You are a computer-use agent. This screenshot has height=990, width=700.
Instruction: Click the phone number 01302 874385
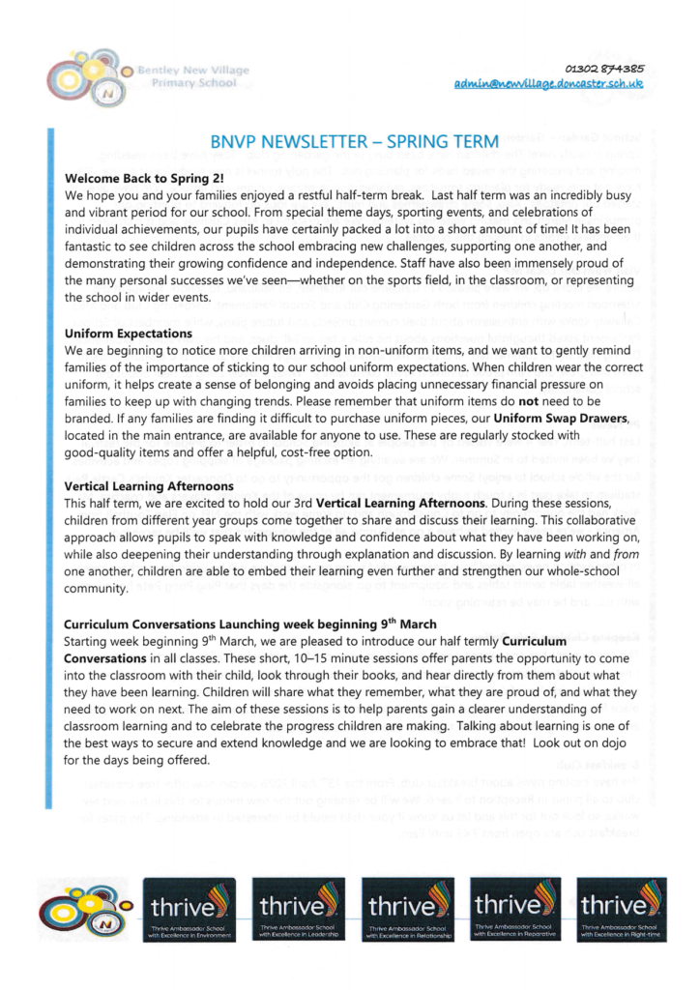605,68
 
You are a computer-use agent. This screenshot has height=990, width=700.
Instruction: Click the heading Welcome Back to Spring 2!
143,178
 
